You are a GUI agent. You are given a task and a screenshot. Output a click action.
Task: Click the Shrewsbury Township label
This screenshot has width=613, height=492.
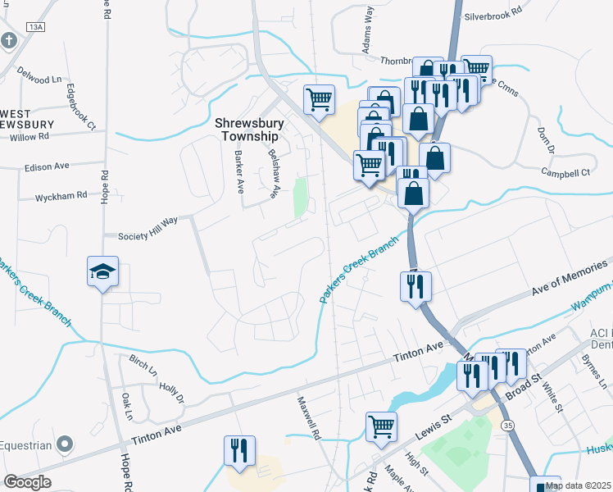pos(249,129)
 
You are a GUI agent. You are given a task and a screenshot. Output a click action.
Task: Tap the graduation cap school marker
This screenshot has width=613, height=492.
pos(103,271)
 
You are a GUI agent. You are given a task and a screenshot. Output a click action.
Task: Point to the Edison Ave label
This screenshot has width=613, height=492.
pos(49,166)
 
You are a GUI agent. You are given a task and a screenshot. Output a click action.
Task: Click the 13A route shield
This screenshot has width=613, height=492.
pos(34,27)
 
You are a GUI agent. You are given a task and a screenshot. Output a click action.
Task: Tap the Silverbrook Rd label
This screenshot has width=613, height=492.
pos(493,15)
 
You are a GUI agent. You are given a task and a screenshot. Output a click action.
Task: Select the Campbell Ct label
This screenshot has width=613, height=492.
pos(565,173)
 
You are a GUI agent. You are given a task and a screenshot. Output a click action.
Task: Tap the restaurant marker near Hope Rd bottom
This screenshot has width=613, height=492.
pos(239,450)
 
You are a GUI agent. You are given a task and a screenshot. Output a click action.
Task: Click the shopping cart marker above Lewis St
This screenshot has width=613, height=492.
pos(381,426)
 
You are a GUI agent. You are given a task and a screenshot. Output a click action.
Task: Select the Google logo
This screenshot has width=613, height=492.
pos(27,481)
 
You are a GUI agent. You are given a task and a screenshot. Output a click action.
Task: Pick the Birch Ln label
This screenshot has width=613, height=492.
pos(143,364)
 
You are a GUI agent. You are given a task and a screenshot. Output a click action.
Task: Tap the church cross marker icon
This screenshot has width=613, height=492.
pos(8,40)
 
